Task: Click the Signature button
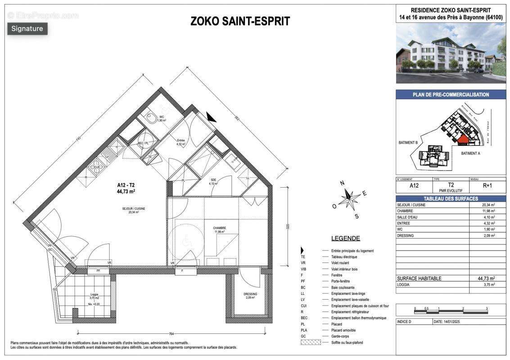click(x=27, y=29)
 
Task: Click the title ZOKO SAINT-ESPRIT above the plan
click(x=240, y=21)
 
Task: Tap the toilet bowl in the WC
click(x=151, y=118)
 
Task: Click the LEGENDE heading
click(x=345, y=238)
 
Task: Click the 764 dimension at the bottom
click(x=171, y=334)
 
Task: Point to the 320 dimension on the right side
click(x=288, y=226)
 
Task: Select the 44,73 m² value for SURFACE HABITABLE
click(x=486, y=279)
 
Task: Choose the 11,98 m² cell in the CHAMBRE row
click(x=488, y=211)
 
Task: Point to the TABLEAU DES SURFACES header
click(x=451, y=198)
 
